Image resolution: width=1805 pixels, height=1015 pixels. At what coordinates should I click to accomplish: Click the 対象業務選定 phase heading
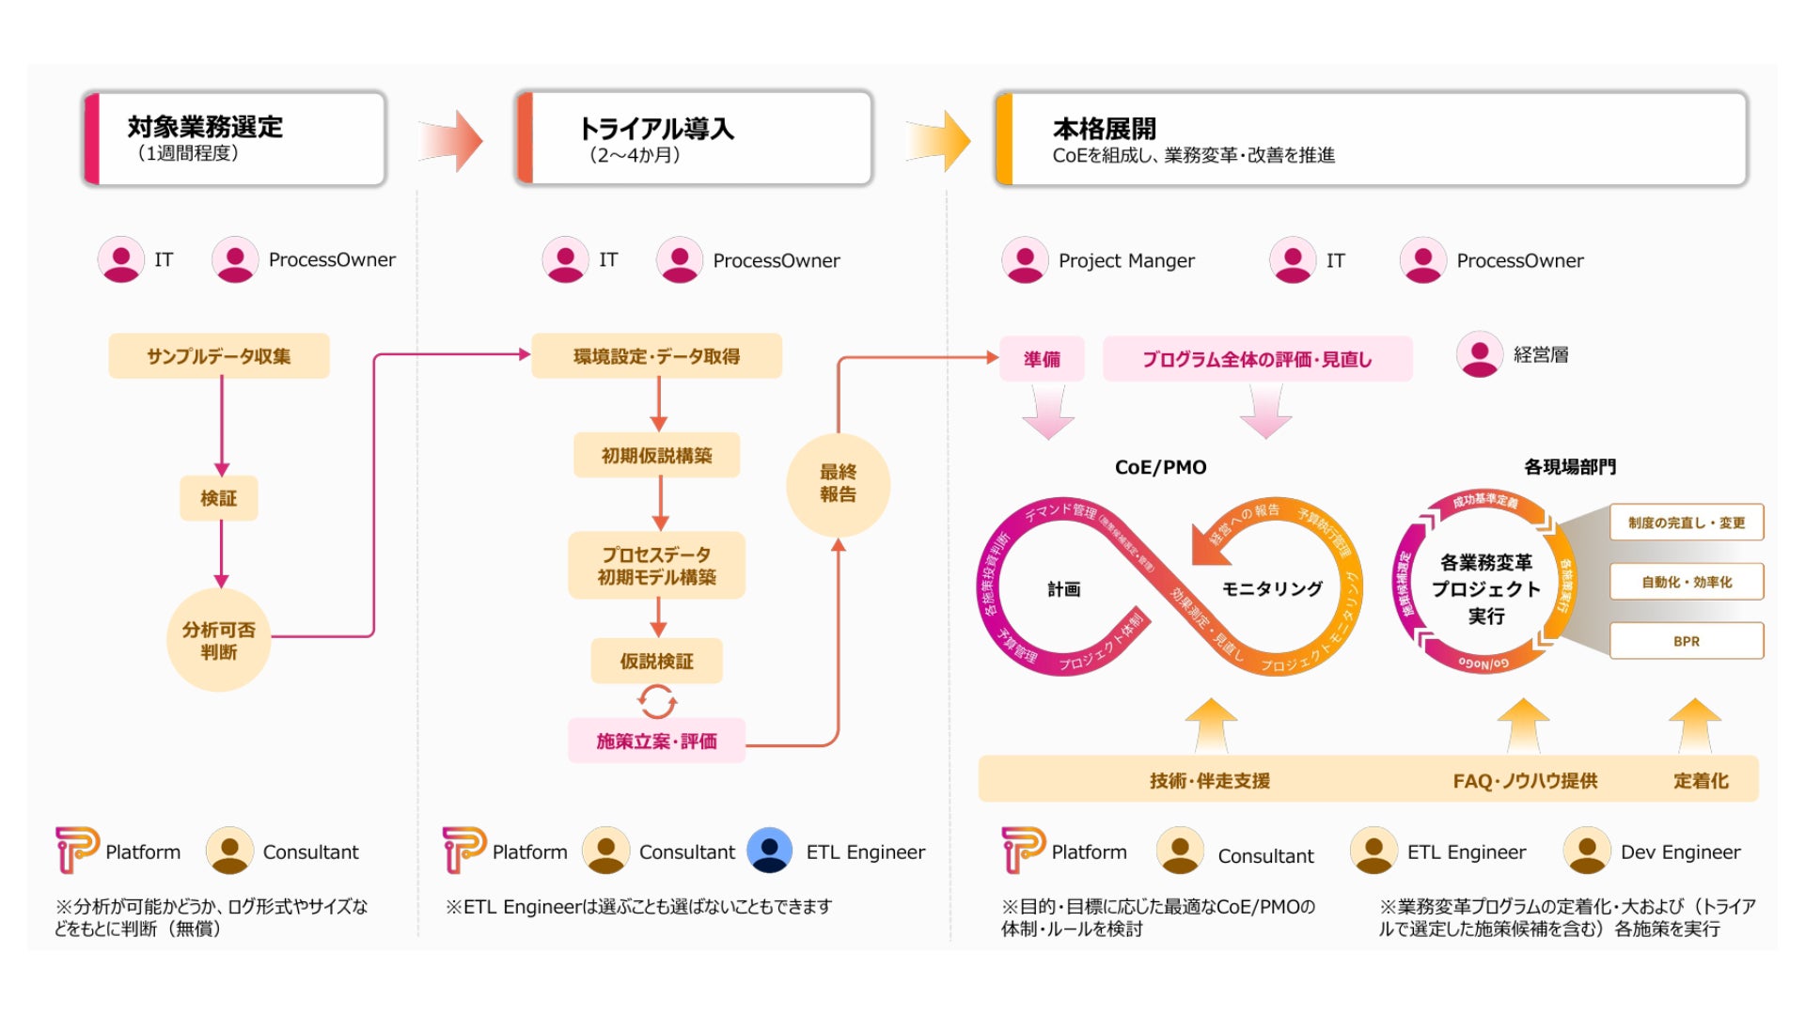click(206, 128)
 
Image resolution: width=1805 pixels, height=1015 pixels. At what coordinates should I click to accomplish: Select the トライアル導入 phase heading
click(656, 129)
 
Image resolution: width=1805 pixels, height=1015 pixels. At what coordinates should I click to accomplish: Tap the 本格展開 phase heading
click(1105, 129)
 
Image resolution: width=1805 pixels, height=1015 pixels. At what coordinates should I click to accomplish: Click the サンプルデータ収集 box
click(219, 356)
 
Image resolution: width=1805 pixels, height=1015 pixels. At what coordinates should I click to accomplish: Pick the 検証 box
click(219, 498)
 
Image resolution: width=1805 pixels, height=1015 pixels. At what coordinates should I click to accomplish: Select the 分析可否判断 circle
click(219, 640)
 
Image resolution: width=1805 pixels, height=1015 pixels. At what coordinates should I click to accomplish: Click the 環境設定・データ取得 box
click(656, 356)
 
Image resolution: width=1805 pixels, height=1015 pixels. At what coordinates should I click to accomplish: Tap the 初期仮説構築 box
click(656, 456)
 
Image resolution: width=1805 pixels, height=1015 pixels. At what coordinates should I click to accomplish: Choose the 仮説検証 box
click(656, 662)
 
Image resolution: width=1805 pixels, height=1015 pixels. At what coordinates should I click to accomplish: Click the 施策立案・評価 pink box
click(656, 742)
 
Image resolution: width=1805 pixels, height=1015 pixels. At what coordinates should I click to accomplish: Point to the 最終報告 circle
click(838, 484)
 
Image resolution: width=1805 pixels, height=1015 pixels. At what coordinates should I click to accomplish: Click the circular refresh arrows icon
click(656, 701)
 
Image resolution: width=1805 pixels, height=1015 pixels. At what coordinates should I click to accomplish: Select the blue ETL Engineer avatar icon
click(770, 851)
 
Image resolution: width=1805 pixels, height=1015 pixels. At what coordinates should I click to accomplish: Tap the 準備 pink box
click(1042, 359)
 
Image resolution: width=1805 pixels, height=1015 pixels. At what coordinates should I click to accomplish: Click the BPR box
click(1687, 641)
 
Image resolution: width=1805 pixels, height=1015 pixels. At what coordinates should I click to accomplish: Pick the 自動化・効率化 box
click(1687, 582)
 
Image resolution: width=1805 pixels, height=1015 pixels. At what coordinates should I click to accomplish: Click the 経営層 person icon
click(1480, 354)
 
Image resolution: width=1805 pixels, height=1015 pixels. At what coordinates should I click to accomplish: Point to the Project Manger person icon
click(1025, 260)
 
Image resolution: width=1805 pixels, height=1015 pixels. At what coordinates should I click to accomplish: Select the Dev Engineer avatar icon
click(1587, 851)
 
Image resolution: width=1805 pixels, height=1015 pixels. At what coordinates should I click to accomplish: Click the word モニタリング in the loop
click(1272, 589)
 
